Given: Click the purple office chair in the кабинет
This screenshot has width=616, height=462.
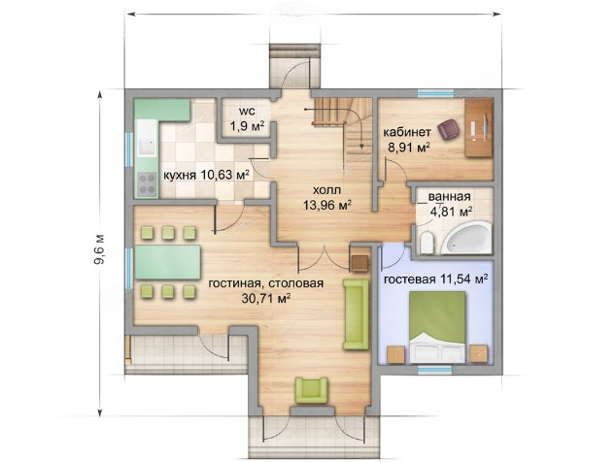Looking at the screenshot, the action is coord(449,129).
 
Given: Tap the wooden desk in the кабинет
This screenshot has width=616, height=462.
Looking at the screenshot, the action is coord(478,128).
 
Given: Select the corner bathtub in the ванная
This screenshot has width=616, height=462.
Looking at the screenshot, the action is coord(466,238).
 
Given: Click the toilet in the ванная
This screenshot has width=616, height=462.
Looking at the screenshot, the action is coord(426,243).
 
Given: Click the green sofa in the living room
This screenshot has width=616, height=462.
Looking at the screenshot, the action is coord(356,314).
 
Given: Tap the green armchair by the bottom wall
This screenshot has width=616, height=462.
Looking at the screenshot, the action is coord(312,389).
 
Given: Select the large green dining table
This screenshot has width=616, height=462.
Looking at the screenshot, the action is coord(168,262).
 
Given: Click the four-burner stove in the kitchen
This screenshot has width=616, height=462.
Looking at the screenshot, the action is coord(147,184).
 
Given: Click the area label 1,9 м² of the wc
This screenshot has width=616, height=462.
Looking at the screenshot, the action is coord(247,126).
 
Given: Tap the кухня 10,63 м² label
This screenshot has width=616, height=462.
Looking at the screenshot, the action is coord(207,175).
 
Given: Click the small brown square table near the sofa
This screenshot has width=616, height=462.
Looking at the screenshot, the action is coord(359,263).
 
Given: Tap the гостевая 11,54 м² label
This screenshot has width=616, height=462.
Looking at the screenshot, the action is coord(435,280).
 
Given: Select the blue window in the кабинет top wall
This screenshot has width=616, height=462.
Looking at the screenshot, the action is coord(435,93).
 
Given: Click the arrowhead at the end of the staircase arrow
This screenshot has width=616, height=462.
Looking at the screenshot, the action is coord(361,148).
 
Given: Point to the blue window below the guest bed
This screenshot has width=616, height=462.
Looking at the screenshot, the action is coord(436,369).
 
